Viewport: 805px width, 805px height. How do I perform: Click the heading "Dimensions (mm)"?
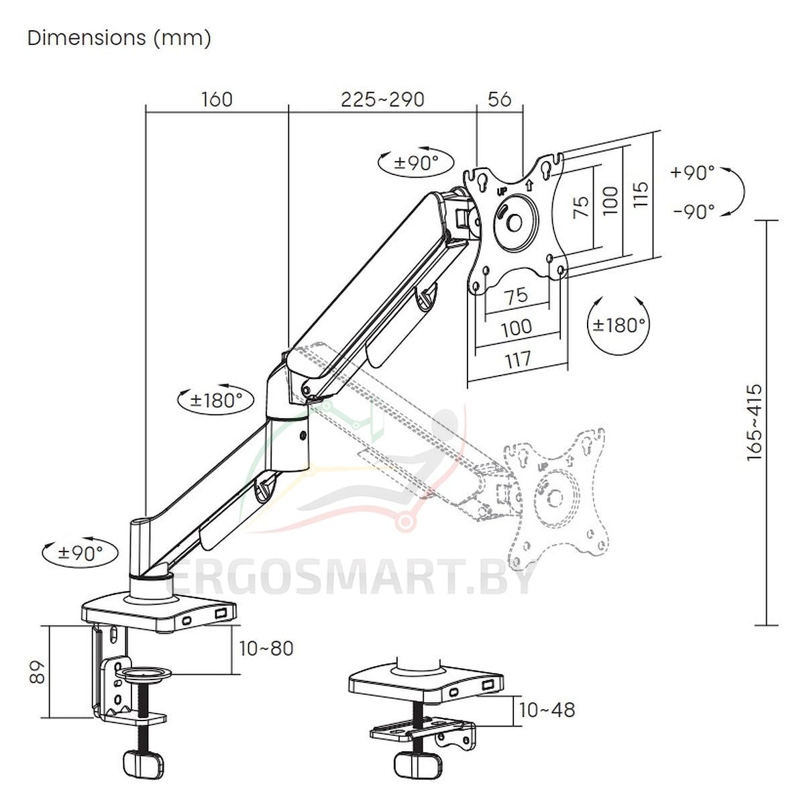(119, 38)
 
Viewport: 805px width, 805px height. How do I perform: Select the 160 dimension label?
(217, 99)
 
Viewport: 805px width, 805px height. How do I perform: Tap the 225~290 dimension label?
(382, 99)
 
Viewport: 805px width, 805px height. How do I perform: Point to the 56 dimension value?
(499, 99)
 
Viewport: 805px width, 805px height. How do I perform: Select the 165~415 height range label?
(754, 423)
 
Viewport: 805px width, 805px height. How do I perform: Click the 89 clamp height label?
(38, 672)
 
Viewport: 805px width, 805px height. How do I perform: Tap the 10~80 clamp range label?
(266, 648)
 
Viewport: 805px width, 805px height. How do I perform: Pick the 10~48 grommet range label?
(547, 710)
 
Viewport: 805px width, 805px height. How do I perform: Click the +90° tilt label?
(692, 172)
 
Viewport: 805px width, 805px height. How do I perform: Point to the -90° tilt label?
(694, 212)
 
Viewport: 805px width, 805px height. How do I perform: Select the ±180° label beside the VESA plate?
(619, 324)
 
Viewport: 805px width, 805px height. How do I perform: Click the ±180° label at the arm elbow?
(216, 400)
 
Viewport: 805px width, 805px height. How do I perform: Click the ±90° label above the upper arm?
(417, 162)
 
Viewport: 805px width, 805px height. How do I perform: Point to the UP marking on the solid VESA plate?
(502, 191)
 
